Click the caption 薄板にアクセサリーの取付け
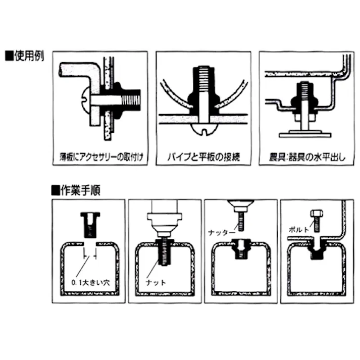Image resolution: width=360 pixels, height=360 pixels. click(100, 157)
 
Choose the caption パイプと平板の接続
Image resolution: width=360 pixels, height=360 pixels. click(203, 157)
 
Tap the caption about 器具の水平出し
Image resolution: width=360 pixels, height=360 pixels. click(306, 157)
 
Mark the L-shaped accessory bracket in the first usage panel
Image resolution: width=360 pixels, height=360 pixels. click(76, 74)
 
